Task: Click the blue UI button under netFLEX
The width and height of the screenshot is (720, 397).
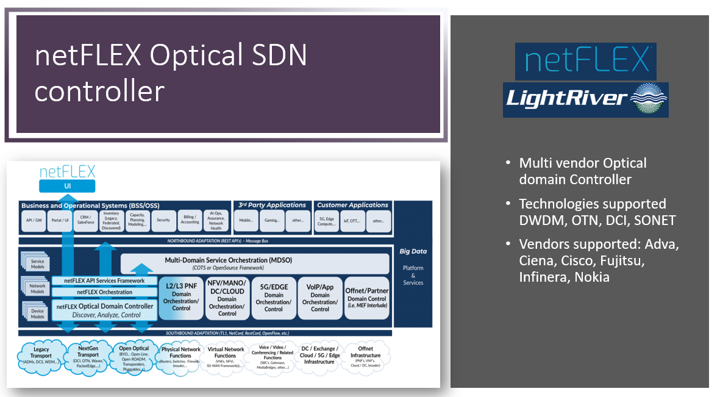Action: point(67,186)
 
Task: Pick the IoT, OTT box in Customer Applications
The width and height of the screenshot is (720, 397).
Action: point(353,221)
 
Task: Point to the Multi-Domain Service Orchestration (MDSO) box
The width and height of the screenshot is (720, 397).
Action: point(255,264)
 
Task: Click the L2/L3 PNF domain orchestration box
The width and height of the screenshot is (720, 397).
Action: point(182,297)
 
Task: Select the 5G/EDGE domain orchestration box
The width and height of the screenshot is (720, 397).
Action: point(273,297)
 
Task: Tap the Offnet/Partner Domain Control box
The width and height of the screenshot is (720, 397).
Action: point(367,297)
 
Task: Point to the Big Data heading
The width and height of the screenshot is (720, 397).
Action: point(413,251)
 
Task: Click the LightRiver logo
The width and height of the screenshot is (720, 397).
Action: point(585,99)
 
